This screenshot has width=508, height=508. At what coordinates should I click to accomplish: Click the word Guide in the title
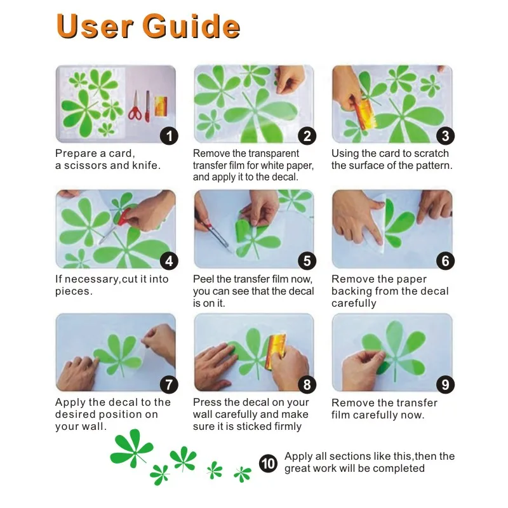pos(191,26)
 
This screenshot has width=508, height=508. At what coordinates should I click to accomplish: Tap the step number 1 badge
pos(169,136)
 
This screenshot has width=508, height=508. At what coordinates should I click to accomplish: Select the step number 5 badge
pos(307,261)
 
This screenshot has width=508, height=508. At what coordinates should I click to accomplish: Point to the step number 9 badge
pos(446,385)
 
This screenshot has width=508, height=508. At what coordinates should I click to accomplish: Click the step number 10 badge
pos(268,463)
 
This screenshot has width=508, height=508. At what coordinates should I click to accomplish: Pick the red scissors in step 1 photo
pos(135,106)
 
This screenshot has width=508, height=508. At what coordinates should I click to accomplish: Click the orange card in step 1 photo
pos(161,106)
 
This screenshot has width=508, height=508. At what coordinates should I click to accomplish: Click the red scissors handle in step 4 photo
pos(123,217)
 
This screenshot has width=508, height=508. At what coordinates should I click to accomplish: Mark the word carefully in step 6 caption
pos(354,304)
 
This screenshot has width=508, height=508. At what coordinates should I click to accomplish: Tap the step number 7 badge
pos(169,385)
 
